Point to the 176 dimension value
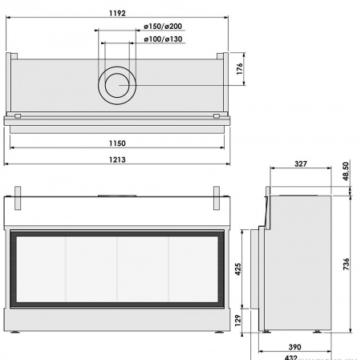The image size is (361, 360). [240, 70]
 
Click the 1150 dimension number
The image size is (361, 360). [116, 144]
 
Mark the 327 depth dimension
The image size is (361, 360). [299, 164]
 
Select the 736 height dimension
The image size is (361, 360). [346, 265]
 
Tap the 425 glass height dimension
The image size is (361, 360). [237, 269]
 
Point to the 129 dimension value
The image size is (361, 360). [237, 319]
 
